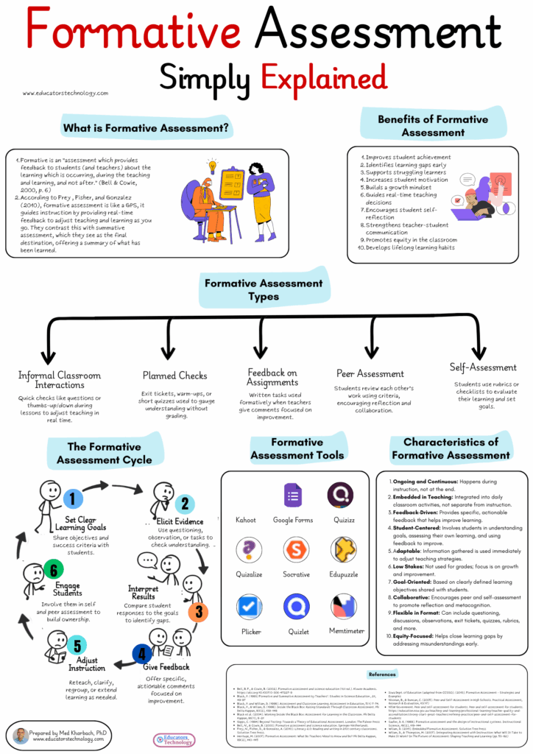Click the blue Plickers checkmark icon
click(250, 606)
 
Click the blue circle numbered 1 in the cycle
click(72, 499)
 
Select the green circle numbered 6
click(51, 568)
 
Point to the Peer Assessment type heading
click(370, 374)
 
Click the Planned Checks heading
click(175, 376)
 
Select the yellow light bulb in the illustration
click(212, 165)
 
